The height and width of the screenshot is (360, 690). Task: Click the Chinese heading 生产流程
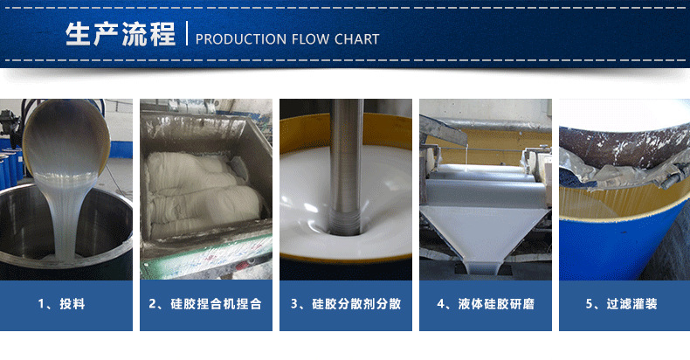[x=121, y=34]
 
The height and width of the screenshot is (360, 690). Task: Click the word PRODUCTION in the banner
[x=241, y=39]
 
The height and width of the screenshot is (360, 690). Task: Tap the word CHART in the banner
[x=356, y=39]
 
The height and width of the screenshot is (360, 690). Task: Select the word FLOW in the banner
[x=310, y=39]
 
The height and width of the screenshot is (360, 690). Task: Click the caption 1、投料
[x=61, y=304]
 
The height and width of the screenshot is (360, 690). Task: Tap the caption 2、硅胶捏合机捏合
[x=205, y=304]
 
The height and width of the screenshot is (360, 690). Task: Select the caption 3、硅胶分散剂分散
[x=346, y=304]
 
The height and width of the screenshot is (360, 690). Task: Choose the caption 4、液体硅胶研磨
[x=486, y=304]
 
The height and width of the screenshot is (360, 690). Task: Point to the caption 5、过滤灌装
[x=621, y=304]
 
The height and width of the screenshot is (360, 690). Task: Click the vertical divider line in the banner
[x=187, y=33]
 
